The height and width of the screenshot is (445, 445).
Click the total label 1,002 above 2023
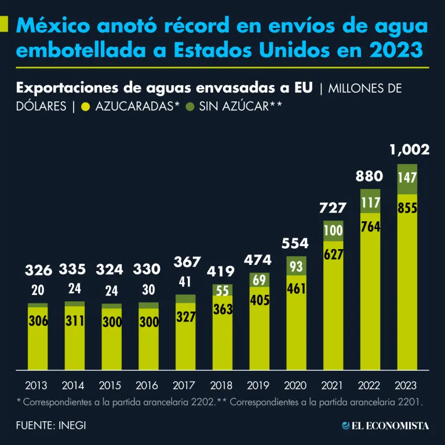click(410, 150)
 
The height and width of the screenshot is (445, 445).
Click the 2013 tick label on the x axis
click(36, 385)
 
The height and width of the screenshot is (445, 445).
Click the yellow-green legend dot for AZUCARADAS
click(86, 107)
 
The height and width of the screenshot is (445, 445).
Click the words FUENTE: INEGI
click(52, 425)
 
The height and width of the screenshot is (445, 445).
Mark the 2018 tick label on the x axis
click(221, 385)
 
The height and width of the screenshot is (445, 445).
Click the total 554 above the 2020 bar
click(296, 243)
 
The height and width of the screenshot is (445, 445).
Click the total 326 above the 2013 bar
click(38, 270)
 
